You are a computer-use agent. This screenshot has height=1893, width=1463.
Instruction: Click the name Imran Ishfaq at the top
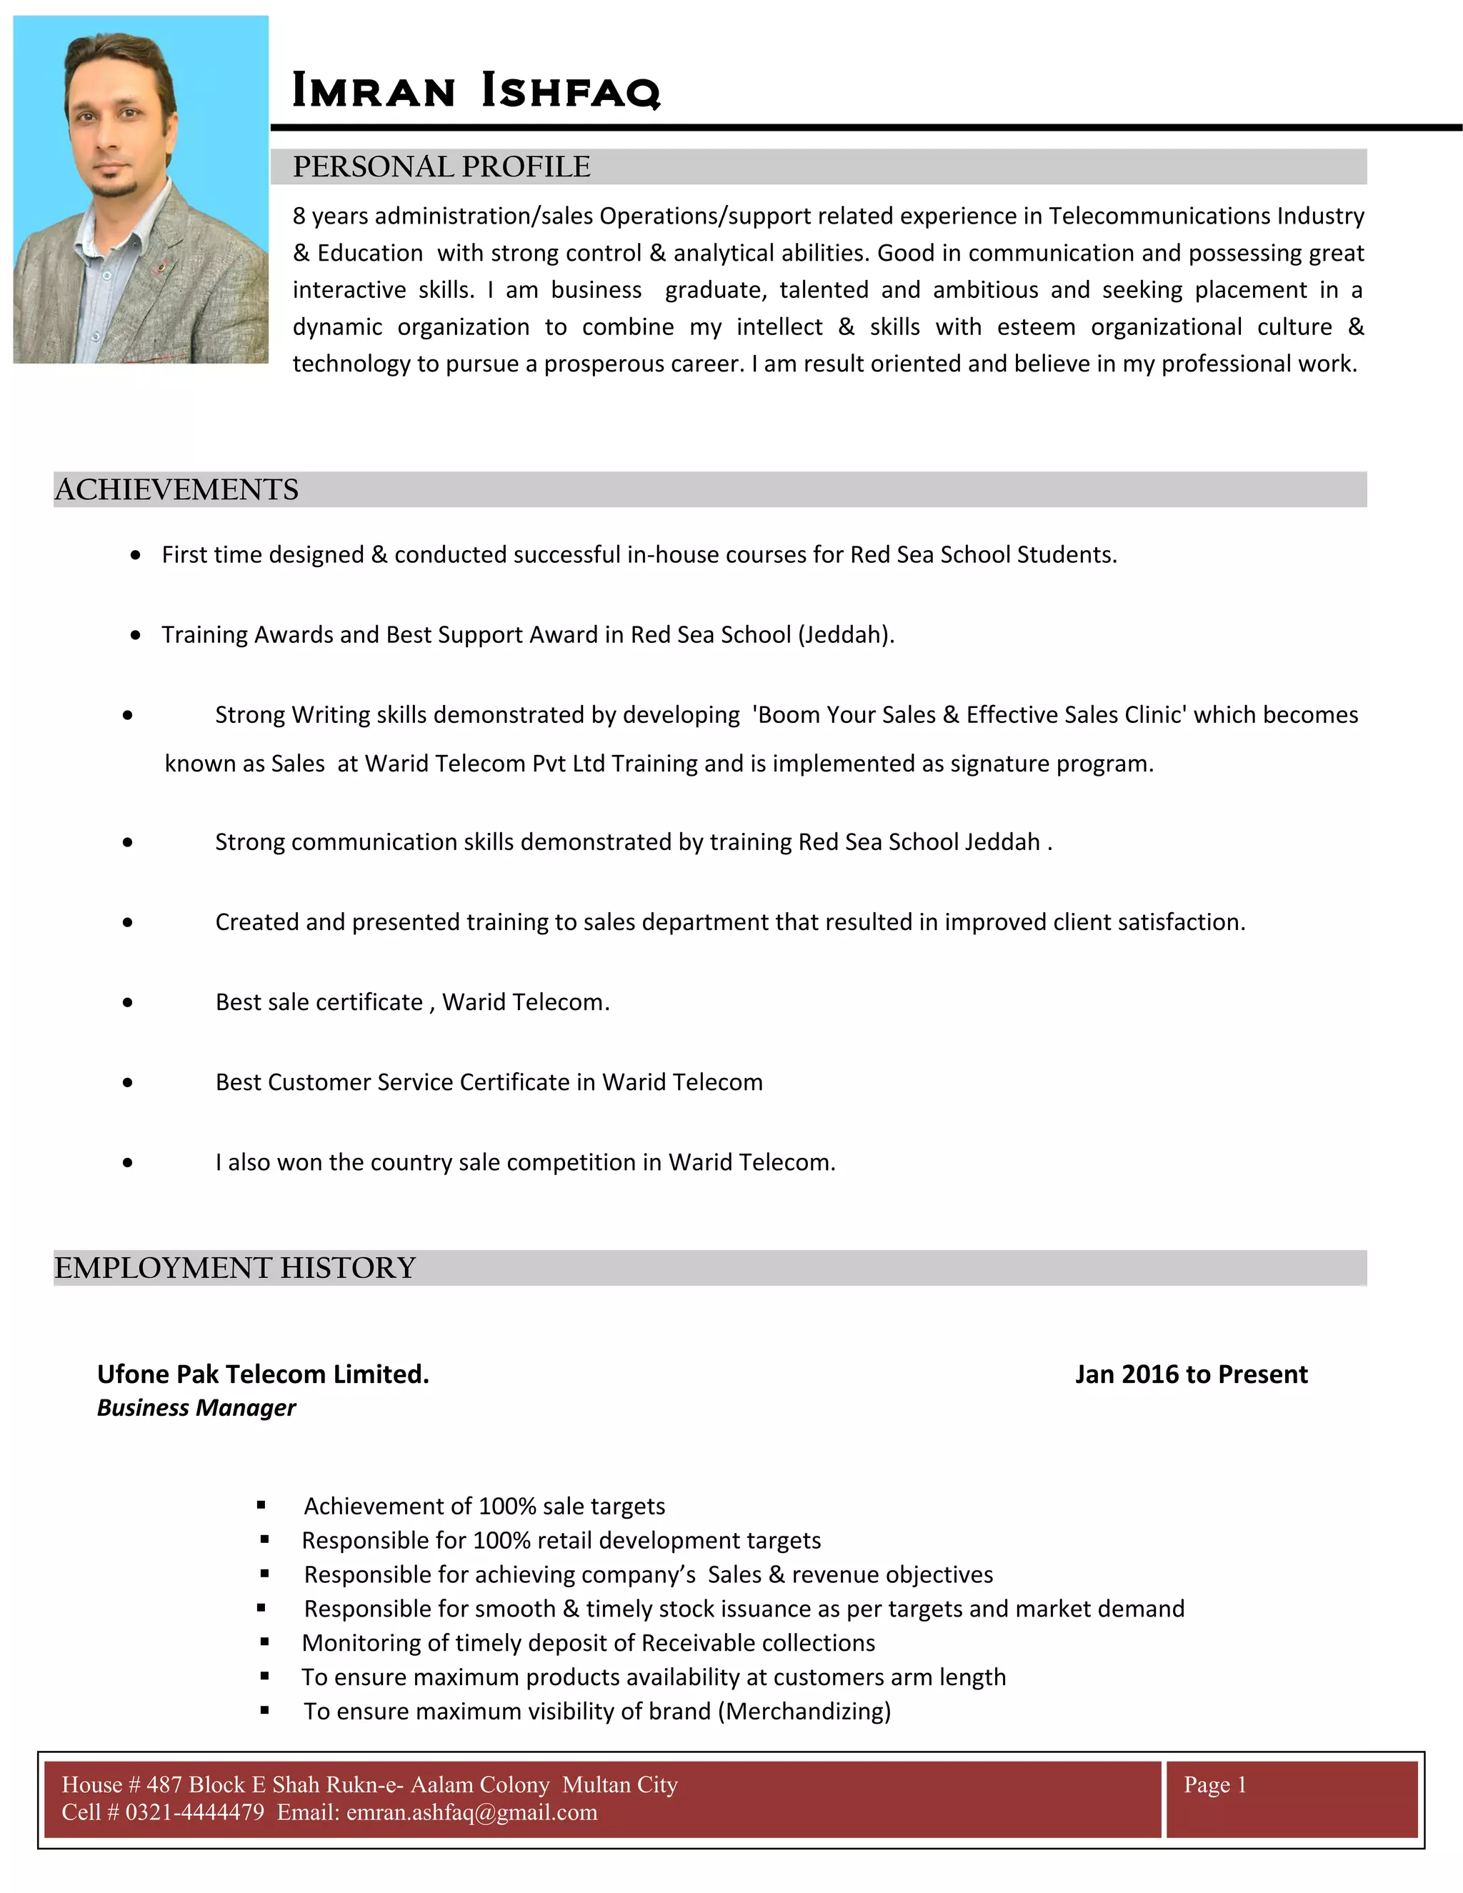point(476,90)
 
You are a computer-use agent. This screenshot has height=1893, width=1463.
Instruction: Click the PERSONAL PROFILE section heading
point(441,166)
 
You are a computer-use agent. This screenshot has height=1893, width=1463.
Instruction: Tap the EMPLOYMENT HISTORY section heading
point(235,1268)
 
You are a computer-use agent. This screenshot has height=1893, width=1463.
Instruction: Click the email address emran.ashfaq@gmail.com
point(471,1812)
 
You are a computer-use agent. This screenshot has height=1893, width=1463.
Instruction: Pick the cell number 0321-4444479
point(194,1812)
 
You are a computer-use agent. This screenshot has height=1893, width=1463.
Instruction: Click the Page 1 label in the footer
point(1214,1784)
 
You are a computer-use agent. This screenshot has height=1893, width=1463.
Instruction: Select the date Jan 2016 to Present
point(1191,1374)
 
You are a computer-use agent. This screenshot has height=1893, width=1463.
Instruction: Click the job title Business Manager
point(196,1409)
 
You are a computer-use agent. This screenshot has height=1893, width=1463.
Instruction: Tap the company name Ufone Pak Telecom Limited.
point(263,1374)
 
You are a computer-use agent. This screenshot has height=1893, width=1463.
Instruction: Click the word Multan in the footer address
point(596,1784)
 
